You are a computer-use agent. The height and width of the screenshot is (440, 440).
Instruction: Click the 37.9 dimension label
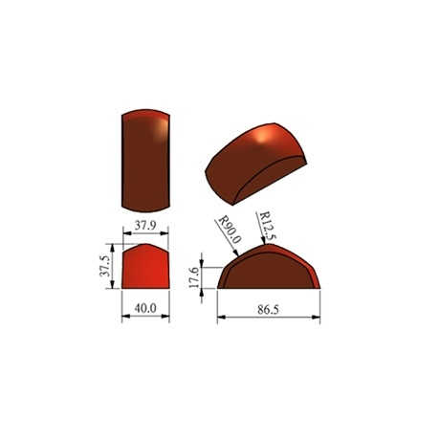[x=145, y=226]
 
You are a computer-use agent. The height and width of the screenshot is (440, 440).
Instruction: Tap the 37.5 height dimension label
[x=104, y=266]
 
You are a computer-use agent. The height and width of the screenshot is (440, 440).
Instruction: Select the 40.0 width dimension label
[x=145, y=308]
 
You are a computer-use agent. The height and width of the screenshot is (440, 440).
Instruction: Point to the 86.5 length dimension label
[x=268, y=310]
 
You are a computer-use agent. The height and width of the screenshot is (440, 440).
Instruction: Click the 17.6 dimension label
[x=194, y=277]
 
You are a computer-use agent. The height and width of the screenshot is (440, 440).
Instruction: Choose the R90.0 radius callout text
[x=229, y=230]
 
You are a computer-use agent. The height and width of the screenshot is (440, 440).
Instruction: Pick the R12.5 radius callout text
[x=268, y=226]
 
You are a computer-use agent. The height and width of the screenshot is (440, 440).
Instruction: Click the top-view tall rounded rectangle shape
[x=145, y=161]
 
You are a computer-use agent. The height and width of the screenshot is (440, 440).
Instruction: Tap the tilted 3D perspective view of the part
[x=256, y=164]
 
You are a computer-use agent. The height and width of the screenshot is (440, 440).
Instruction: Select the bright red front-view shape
[x=145, y=266]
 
